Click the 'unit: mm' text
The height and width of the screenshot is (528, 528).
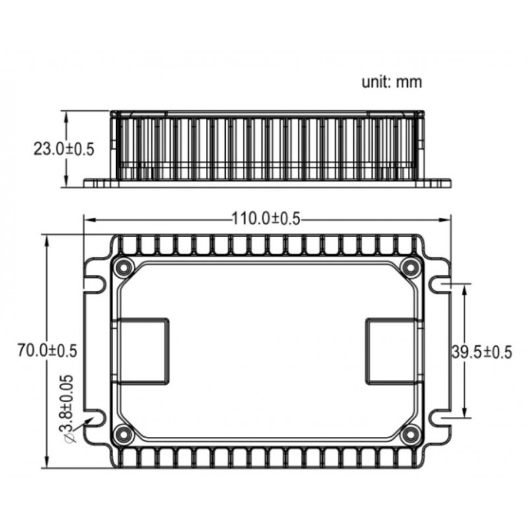(x=391, y=82)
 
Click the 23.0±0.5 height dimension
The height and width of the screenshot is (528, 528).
(x=63, y=148)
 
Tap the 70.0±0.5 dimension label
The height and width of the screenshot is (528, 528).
(x=47, y=350)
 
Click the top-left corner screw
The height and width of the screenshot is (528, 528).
(x=123, y=268)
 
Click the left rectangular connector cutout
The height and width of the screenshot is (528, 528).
(x=143, y=351)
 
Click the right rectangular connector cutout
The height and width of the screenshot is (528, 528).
(x=390, y=351)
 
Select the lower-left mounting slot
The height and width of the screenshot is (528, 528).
(x=96, y=418)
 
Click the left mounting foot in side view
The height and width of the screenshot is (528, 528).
(x=99, y=183)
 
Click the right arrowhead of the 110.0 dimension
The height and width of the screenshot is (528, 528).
(x=447, y=219)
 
